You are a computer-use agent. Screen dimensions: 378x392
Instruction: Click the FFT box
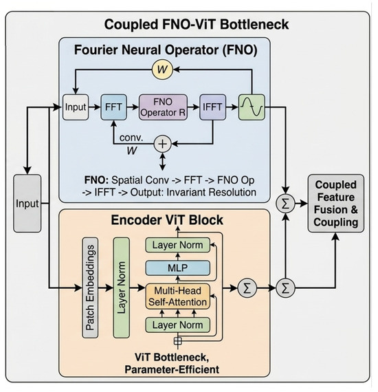pos(113,107)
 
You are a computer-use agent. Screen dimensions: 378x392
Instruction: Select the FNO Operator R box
pos(163,107)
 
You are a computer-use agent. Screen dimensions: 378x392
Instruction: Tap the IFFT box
pos(212,107)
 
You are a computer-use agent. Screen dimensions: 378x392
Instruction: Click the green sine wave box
pos(252,107)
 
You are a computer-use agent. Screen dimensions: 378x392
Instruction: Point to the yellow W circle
pos(162,69)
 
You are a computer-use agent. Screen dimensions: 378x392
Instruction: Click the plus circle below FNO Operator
pos(163,144)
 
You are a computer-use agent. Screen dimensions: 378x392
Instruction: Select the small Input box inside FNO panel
pos(76,107)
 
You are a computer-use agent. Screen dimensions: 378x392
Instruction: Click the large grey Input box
pos(27,204)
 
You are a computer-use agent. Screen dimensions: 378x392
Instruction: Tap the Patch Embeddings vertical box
pos(90,287)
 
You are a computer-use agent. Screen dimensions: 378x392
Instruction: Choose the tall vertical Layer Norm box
pos(122,287)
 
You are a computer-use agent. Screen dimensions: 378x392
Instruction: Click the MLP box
pos(177,268)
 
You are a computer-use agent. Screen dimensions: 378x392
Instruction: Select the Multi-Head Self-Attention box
pos(177,296)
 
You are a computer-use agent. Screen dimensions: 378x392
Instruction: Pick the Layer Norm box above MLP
pos(177,245)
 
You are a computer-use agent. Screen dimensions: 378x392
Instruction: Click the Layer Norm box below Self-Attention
pos(177,325)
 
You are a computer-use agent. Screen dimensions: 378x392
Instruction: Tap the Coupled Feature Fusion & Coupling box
pos(336,204)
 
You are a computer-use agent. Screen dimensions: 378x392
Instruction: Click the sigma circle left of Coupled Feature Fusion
pos(285,204)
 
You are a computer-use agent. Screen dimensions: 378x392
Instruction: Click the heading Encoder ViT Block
pos(167,220)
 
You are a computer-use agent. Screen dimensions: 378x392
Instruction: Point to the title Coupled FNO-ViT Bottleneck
pos(197,25)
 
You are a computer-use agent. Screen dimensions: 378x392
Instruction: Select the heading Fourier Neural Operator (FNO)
pos(166,50)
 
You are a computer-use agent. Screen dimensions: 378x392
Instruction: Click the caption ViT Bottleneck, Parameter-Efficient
pos(172,363)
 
